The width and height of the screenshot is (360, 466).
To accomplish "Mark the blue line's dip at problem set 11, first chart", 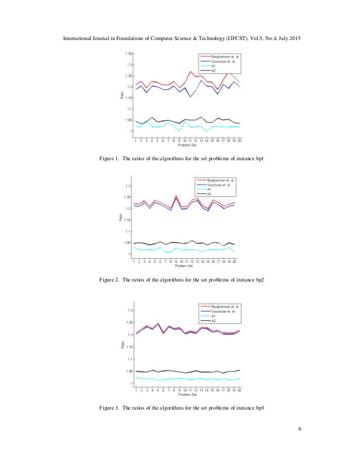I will pyautogui.click(x=190, y=97).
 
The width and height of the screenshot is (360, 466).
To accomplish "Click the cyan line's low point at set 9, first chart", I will pyautogui.click(x=179, y=131).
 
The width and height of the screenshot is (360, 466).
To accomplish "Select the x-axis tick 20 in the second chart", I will pyautogui.click(x=234, y=262).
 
